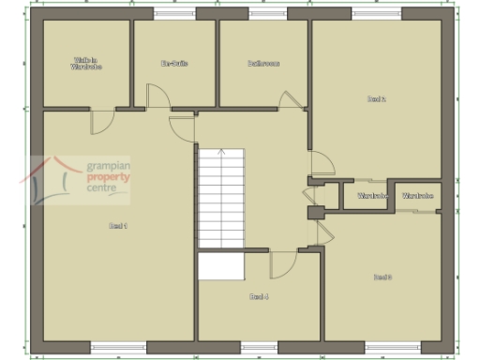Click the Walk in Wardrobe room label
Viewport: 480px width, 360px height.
point(86,65)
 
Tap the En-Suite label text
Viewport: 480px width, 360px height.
point(174,64)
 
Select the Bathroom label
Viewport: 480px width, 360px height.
point(263,64)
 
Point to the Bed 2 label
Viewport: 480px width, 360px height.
point(376,98)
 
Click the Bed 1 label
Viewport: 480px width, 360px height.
point(118,226)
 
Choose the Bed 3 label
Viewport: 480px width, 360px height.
point(382,277)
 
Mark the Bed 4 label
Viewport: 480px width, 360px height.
point(259,296)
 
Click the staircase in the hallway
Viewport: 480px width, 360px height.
point(220,197)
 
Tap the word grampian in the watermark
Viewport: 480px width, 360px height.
point(106,163)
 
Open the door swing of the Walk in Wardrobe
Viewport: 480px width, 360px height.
point(101,122)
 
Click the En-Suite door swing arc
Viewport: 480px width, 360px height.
point(157,96)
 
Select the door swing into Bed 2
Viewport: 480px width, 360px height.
point(322,165)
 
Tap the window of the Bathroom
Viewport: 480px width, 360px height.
point(264,14)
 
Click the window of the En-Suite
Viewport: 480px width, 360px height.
point(174,14)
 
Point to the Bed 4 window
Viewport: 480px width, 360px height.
point(256,346)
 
